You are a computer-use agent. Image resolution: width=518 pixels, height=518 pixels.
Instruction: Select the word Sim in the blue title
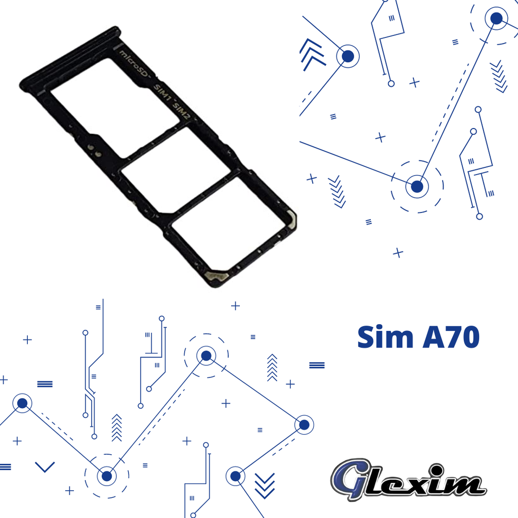click(x=385, y=337)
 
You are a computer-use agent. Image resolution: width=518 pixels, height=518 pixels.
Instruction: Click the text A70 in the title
click(x=451, y=337)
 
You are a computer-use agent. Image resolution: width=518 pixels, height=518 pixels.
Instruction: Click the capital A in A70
click(x=431, y=337)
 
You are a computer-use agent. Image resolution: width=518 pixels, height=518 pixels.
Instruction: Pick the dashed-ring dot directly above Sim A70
click(x=417, y=187)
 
